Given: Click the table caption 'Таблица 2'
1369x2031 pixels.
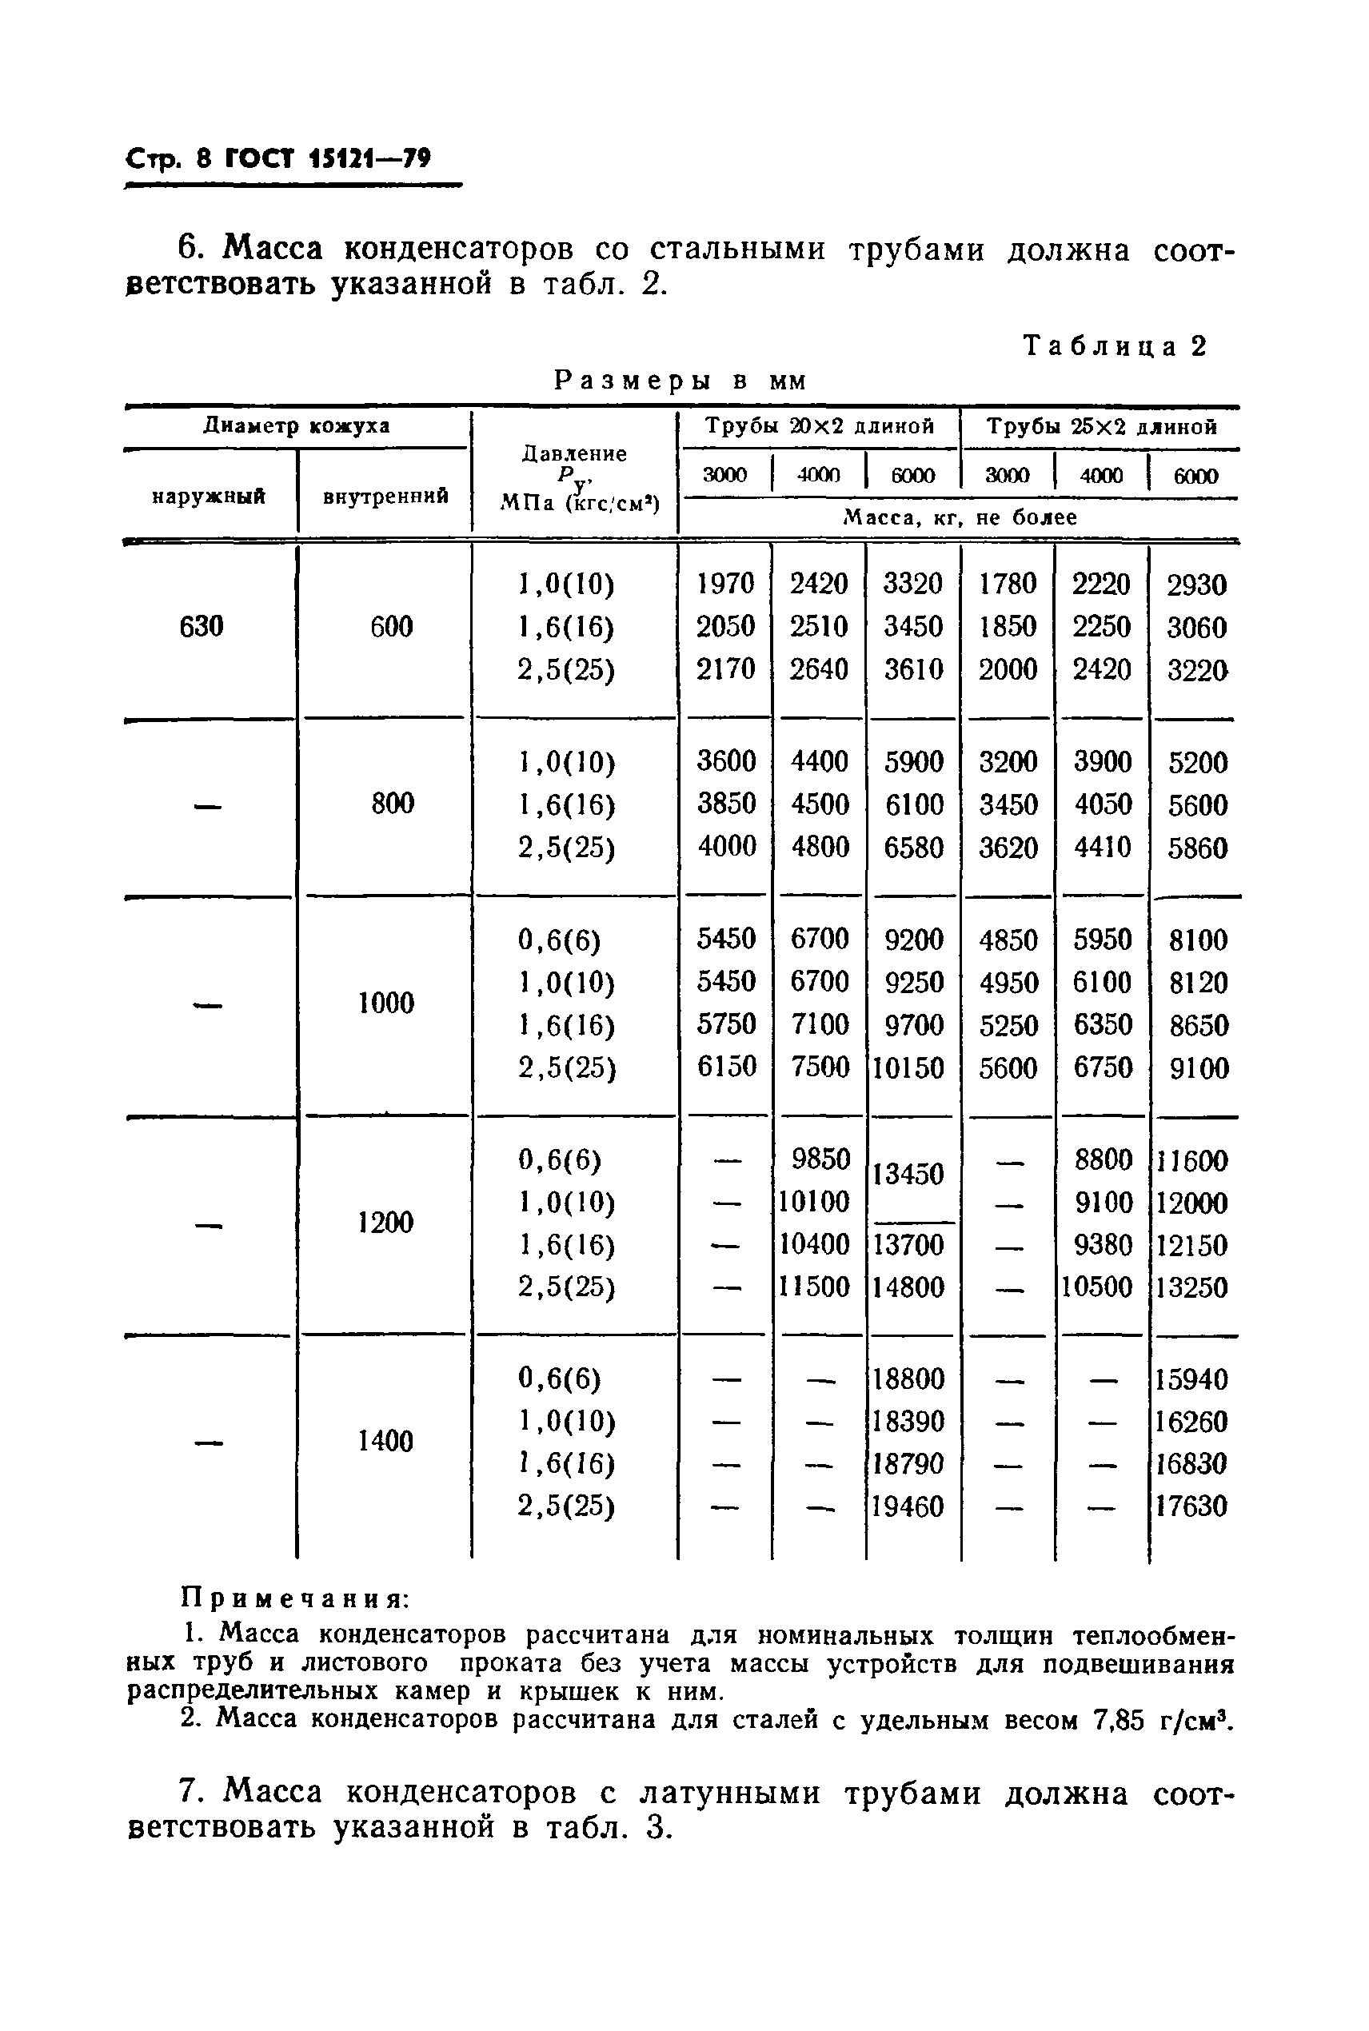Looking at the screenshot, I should pyautogui.click(x=1115, y=346).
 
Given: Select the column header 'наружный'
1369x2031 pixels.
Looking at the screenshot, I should pyautogui.click(x=209, y=497).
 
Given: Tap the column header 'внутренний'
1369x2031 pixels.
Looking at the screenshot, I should pyautogui.click(x=386, y=497).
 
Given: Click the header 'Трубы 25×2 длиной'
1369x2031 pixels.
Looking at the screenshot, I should pyautogui.click(x=1102, y=427).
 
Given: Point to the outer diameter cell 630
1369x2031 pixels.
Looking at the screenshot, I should pyautogui.click(x=201, y=627).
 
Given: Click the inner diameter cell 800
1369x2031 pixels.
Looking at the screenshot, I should pyautogui.click(x=392, y=803).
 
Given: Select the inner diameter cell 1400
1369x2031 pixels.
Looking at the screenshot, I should pyautogui.click(x=385, y=1441).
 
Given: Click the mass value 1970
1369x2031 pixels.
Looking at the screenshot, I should pyautogui.click(x=725, y=584).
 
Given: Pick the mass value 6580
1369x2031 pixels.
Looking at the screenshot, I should pyautogui.click(x=913, y=847).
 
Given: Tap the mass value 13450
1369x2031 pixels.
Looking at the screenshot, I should pyautogui.click(x=909, y=1174).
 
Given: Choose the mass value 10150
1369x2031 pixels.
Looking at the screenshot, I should pyautogui.click(x=909, y=1067).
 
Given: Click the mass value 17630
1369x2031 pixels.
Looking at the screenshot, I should pyautogui.click(x=1191, y=1506).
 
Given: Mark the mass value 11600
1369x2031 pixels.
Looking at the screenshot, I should pyautogui.click(x=1191, y=1161).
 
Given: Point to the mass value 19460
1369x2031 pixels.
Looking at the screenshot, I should pyautogui.click(x=908, y=1506).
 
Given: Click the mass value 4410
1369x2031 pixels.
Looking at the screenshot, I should pyautogui.click(x=1102, y=847).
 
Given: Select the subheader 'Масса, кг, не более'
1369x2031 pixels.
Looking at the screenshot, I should pyautogui.click(x=960, y=517).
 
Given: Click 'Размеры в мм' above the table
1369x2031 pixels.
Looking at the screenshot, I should pyautogui.click(x=681, y=381).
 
